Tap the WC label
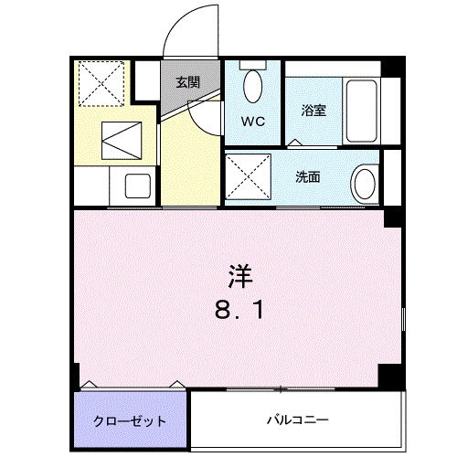[253, 120]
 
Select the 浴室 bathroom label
[314, 111]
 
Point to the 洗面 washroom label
[306, 176]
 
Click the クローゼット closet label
[130, 421]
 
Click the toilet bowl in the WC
[253, 88]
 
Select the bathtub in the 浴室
[361, 112]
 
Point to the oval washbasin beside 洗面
[364, 179]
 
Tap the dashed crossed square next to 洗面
[250, 176]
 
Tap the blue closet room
[130, 416]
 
